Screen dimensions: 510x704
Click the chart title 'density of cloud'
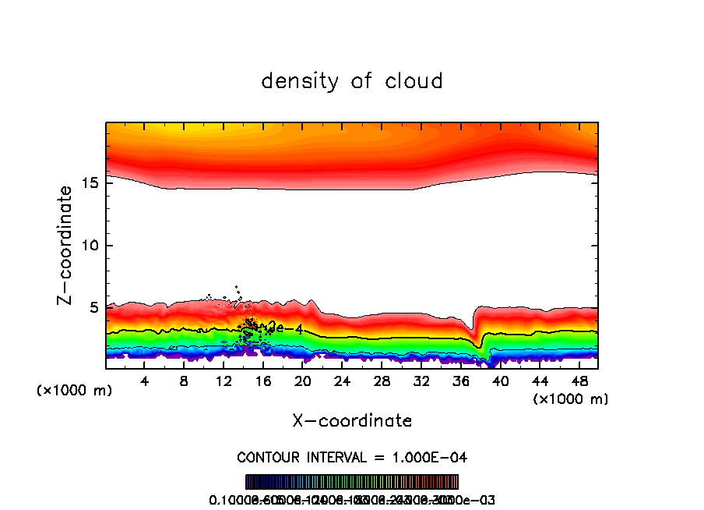(352, 80)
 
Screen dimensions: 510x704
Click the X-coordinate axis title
(352, 421)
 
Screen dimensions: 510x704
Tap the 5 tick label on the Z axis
(93, 307)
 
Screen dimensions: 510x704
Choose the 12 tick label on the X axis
(224, 381)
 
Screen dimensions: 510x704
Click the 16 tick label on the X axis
(263, 381)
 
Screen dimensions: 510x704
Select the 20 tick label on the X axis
(303, 381)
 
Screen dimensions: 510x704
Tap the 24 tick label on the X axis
(342, 381)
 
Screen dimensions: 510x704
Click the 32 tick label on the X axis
(421, 381)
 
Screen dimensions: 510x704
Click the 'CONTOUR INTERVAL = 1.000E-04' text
(352, 457)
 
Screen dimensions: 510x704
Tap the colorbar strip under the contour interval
(352, 482)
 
